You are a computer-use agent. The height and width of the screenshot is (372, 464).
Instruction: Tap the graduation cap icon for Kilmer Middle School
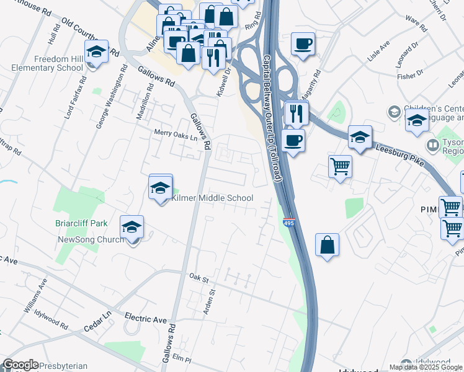click(x=161, y=188)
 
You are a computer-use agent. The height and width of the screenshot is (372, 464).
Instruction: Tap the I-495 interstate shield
click(x=288, y=221)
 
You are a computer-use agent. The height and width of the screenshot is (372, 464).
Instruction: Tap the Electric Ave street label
click(x=146, y=319)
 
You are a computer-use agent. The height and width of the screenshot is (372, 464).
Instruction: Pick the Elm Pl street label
click(x=181, y=358)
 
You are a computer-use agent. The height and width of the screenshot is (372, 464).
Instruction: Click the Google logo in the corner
click(x=20, y=365)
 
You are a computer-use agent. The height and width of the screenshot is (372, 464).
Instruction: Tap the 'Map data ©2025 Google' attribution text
click(x=426, y=367)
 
